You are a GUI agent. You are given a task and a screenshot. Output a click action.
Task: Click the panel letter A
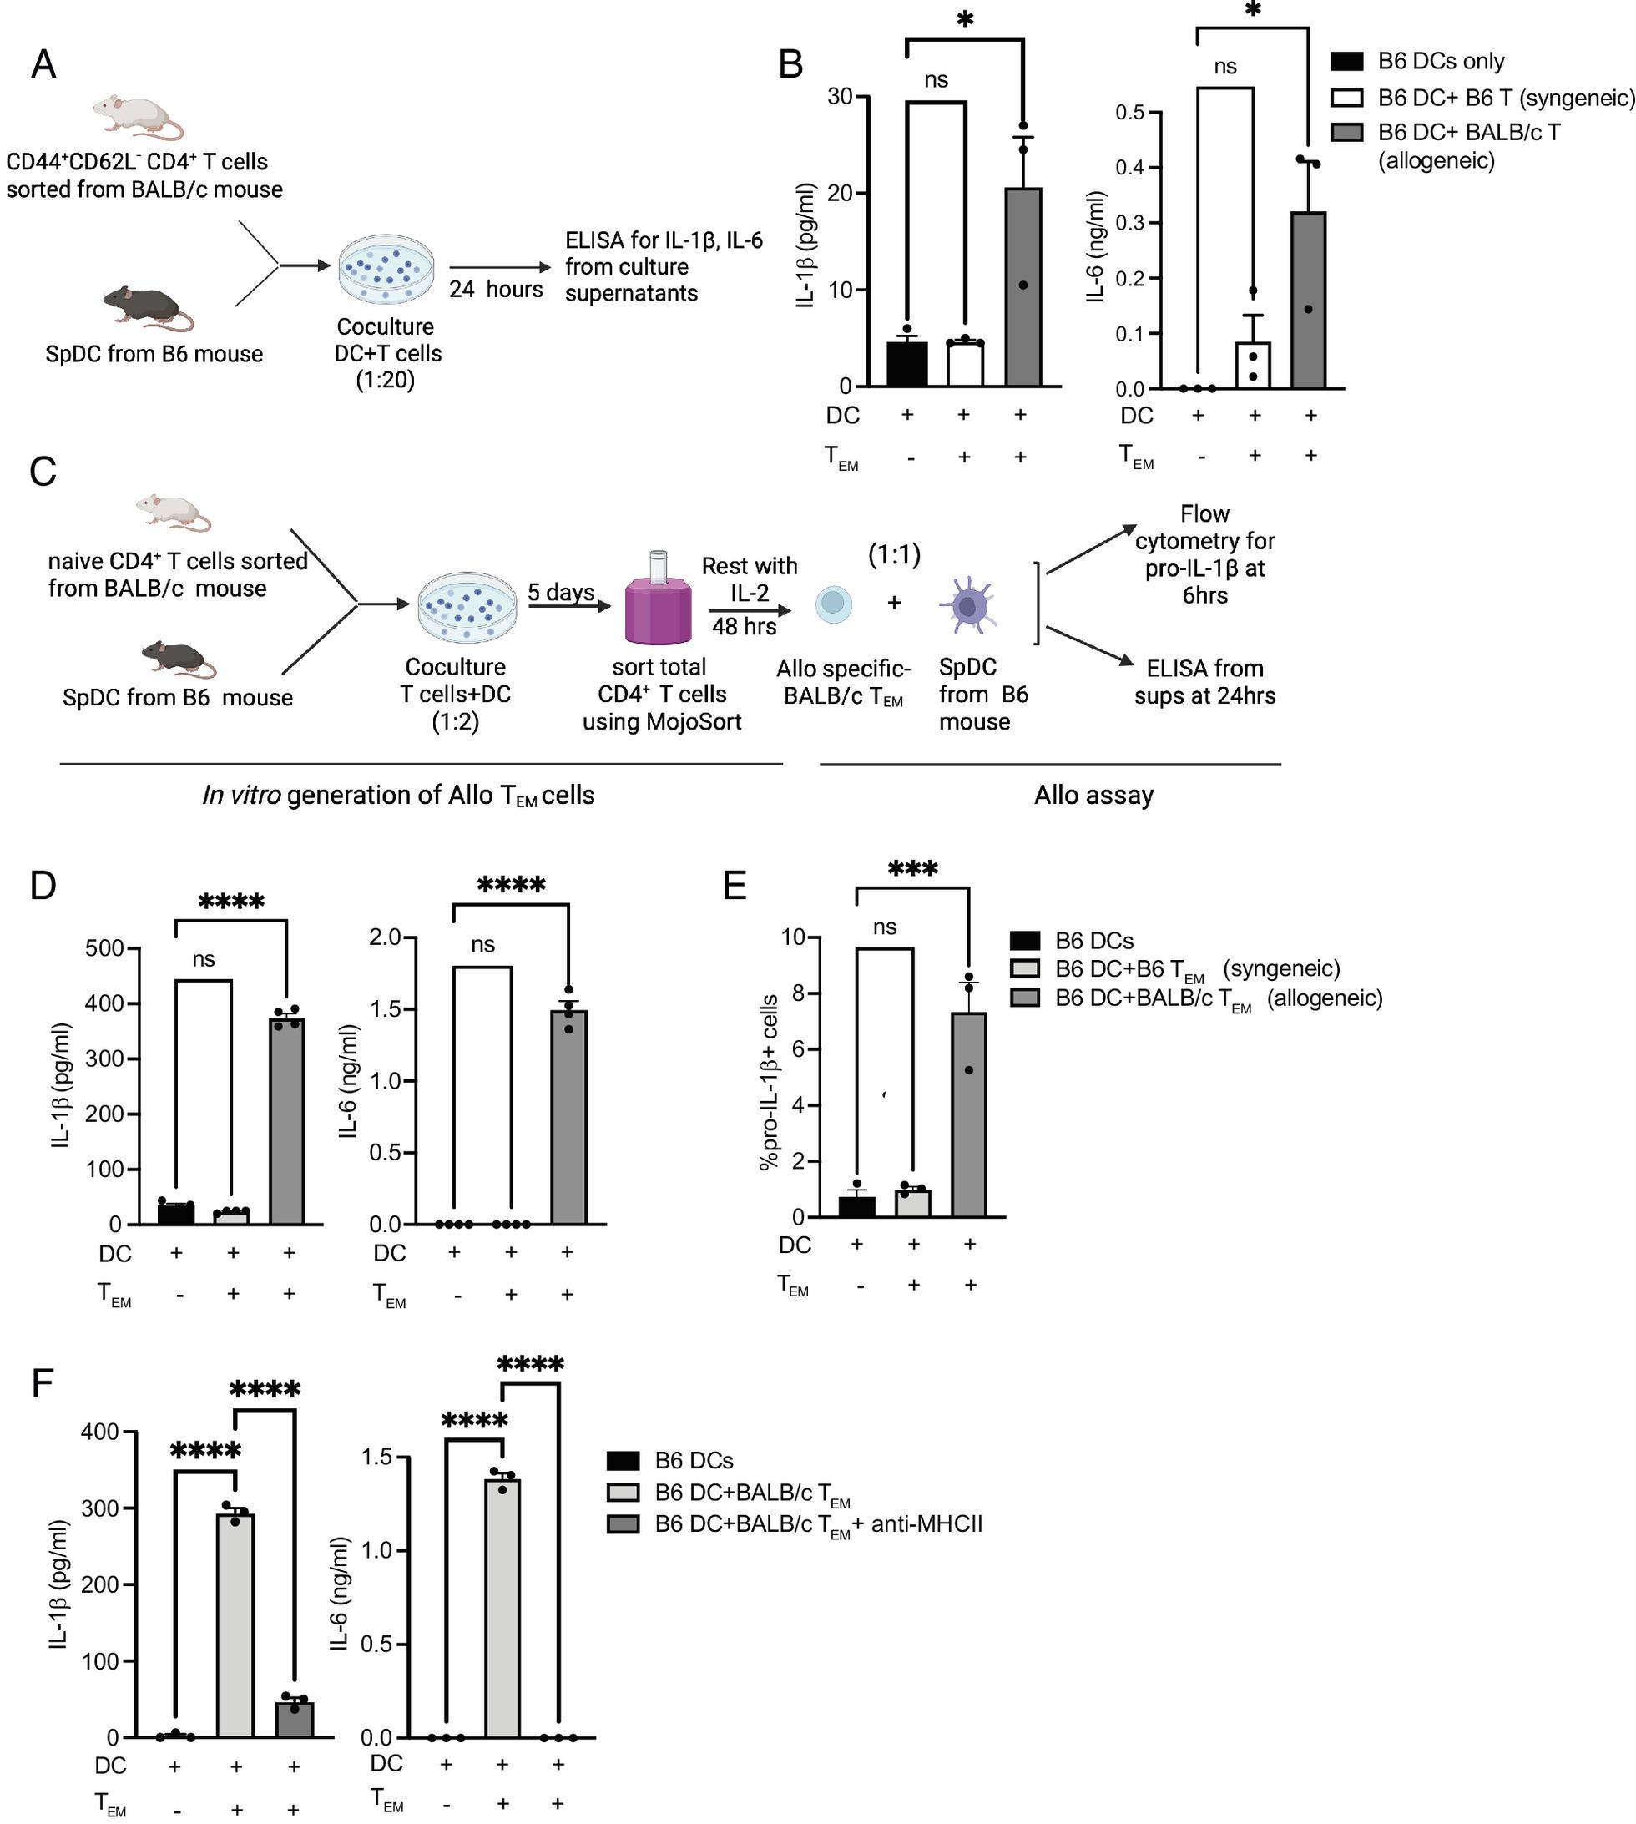[x=43, y=65]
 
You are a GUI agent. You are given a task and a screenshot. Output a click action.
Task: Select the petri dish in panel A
[x=385, y=270]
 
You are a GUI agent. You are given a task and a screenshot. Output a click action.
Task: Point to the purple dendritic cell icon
[x=968, y=605]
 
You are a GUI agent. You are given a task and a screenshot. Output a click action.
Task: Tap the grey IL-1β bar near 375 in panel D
[x=287, y=1121]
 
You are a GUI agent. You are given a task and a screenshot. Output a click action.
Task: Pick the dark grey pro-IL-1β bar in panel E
[x=968, y=1114]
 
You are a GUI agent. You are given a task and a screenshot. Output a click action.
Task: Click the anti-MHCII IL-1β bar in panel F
[x=294, y=1720]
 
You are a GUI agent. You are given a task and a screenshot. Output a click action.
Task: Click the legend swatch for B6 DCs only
[x=1346, y=61]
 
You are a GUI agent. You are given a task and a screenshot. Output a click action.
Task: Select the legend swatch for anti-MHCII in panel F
[x=623, y=1523]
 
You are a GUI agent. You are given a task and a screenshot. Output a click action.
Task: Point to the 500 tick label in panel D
[x=104, y=948]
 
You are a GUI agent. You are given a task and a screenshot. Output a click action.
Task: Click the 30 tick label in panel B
[x=840, y=96]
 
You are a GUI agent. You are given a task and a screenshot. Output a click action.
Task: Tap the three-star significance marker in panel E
[x=912, y=869]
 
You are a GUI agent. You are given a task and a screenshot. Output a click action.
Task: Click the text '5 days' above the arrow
[x=561, y=592]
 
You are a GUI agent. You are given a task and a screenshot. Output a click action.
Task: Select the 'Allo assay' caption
[x=1094, y=795]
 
